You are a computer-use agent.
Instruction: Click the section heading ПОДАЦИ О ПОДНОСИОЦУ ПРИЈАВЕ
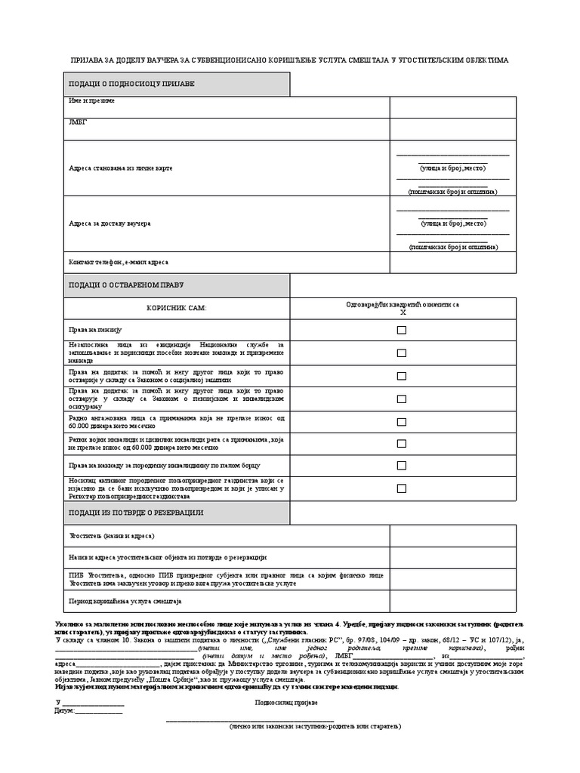point(131,83)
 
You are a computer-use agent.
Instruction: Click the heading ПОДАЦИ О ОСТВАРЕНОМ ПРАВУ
point(126,285)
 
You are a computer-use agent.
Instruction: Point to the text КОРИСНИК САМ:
point(175,309)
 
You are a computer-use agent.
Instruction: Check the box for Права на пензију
point(402,330)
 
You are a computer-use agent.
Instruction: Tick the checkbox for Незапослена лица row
point(402,353)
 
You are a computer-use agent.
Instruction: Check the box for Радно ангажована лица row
point(402,420)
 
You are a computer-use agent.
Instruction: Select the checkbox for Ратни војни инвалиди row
point(402,443)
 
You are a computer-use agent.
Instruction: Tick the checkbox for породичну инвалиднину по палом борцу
point(402,466)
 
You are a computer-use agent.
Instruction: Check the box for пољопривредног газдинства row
point(402,488)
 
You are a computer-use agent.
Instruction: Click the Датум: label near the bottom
point(66,710)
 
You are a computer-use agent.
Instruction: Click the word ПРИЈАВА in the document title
point(88,60)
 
